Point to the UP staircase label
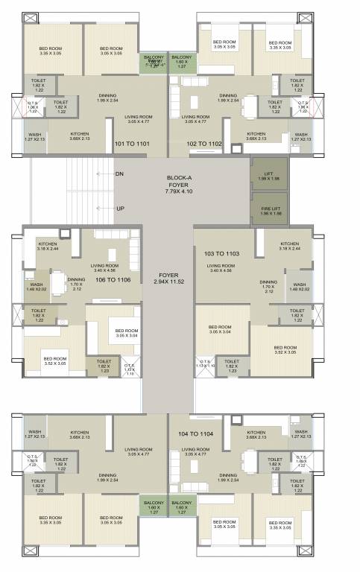pyautogui.click(x=119, y=209)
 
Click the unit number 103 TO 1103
pyautogui.click(x=222, y=255)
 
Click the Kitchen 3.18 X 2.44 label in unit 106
pyautogui.click(x=49, y=246)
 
